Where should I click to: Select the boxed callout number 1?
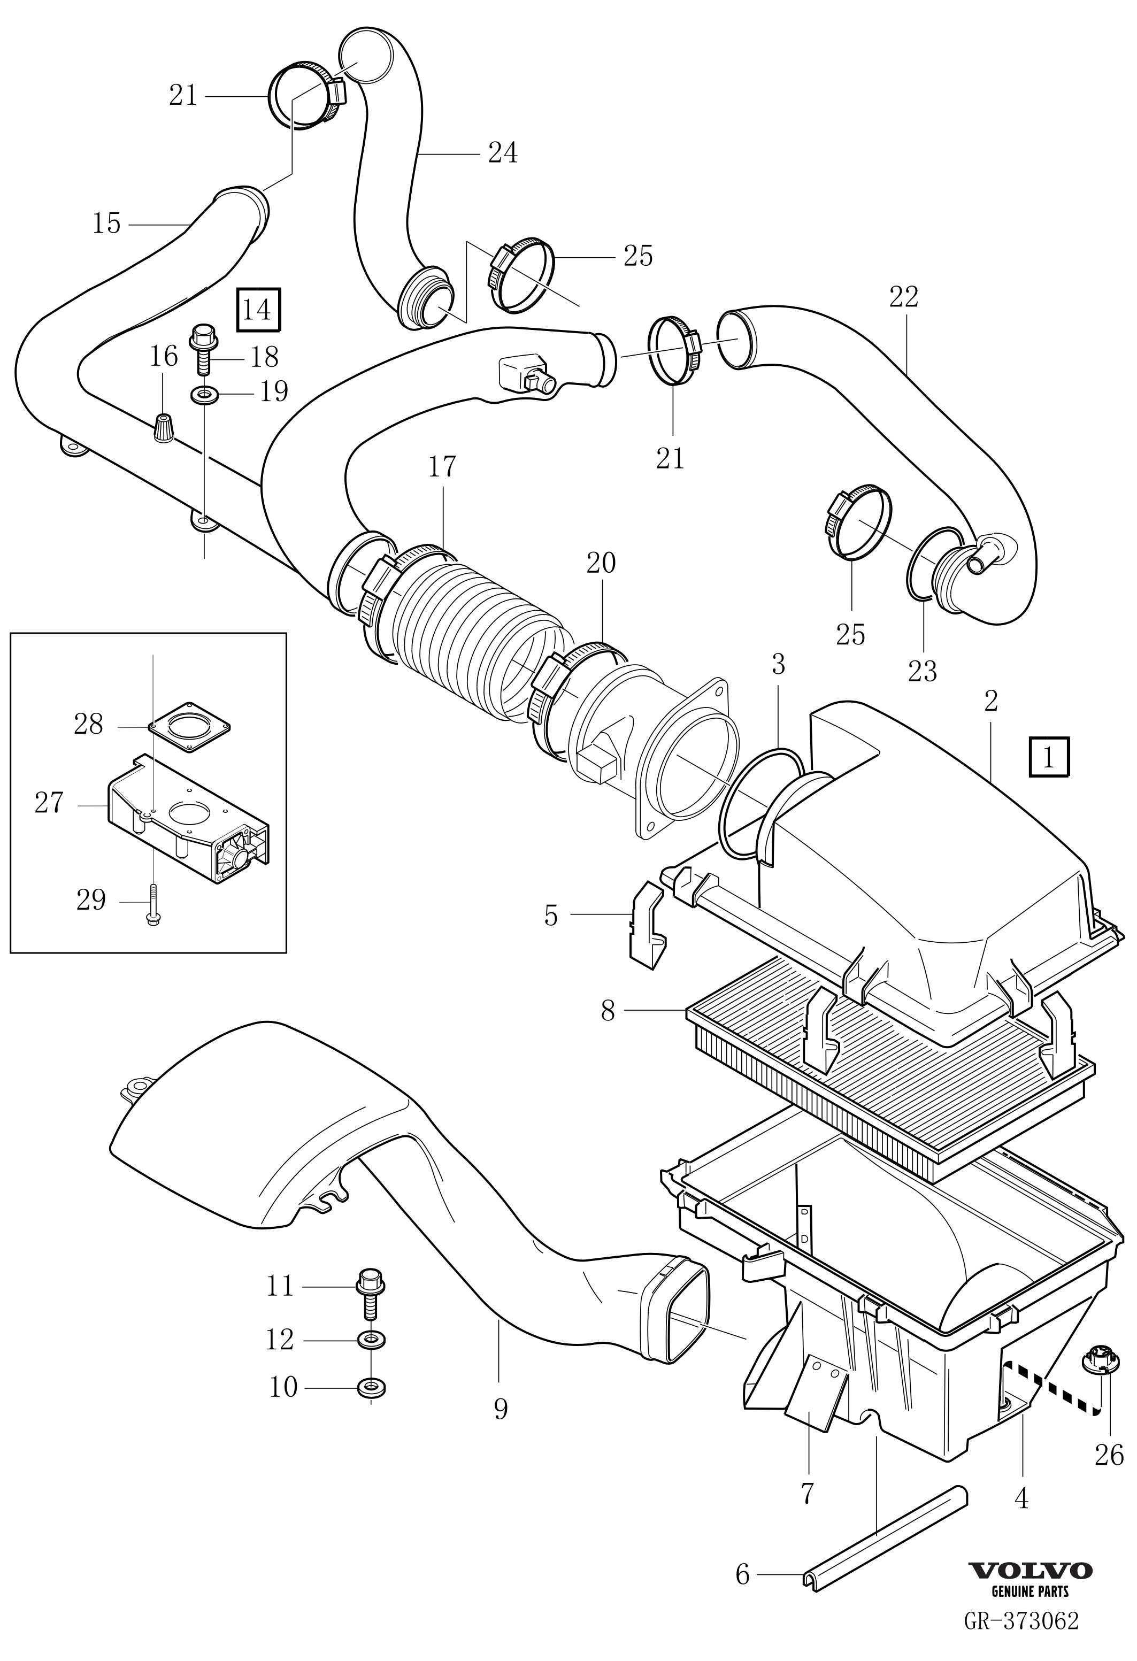click(x=1048, y=757)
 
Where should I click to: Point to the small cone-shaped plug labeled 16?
click(x=164, y=428)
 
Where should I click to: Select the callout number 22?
click(x=903, y=297)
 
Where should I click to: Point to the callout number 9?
click(x=500, y=1409)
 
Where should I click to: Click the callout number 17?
click(x=442, y=467)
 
